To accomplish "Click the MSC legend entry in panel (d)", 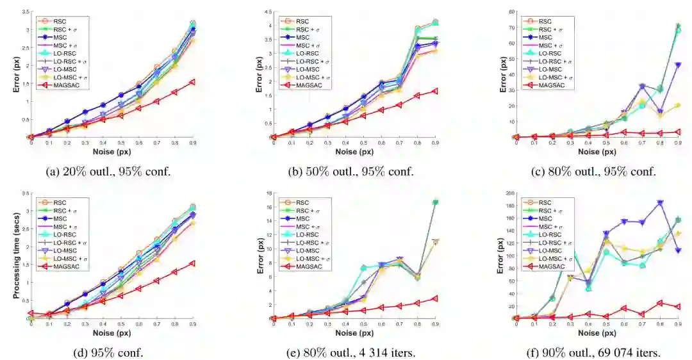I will click(64, 218).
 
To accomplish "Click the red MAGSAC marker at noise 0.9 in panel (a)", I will click(193, 83).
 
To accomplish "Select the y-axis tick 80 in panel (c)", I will click(507, 12).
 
